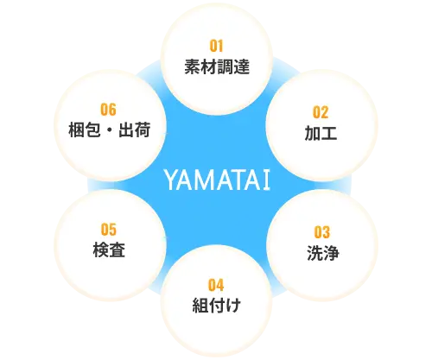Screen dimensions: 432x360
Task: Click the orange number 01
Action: (x=216, y=46)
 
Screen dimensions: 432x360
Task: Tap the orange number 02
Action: (x=321, y=112)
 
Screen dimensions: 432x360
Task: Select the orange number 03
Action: (x=321, y=232)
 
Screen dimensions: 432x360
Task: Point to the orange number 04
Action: (x=216, y=285)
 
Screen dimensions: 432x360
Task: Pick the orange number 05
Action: (x=109, y=230)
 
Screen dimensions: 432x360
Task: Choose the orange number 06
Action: (x=108, y=110)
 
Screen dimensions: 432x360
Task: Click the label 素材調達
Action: (x=217, y=66)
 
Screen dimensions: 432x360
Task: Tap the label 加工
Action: (x=321, y=133)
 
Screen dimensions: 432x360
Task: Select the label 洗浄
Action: (x=323, y=253)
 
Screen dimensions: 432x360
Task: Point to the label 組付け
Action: (x=216, y=306)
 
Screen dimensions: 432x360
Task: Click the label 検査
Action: (x=109, y=249)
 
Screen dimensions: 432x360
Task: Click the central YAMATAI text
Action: (x=218, y=180)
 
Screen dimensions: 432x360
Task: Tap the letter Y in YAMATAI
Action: (x=171, y=180)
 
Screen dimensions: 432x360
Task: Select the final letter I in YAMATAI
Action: (x=267, y=180)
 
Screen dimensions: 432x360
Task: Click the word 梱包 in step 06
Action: (x=85, y=129)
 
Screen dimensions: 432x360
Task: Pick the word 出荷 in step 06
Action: (x=135, y=129)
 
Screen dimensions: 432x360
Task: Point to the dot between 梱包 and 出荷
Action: (x=110, y=130)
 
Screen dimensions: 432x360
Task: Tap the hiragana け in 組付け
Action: (x=232, y=306)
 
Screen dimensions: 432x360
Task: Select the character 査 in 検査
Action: (x=118, y=249)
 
